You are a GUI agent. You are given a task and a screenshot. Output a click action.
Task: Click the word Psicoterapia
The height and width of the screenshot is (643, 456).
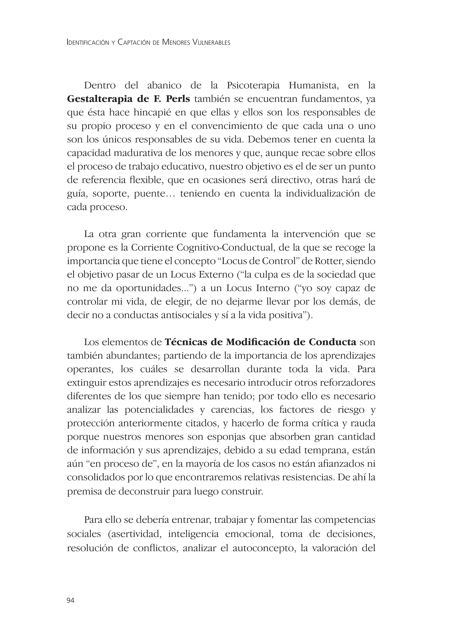253,86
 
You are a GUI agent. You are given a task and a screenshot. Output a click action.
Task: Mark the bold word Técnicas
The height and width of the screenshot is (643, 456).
186,342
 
